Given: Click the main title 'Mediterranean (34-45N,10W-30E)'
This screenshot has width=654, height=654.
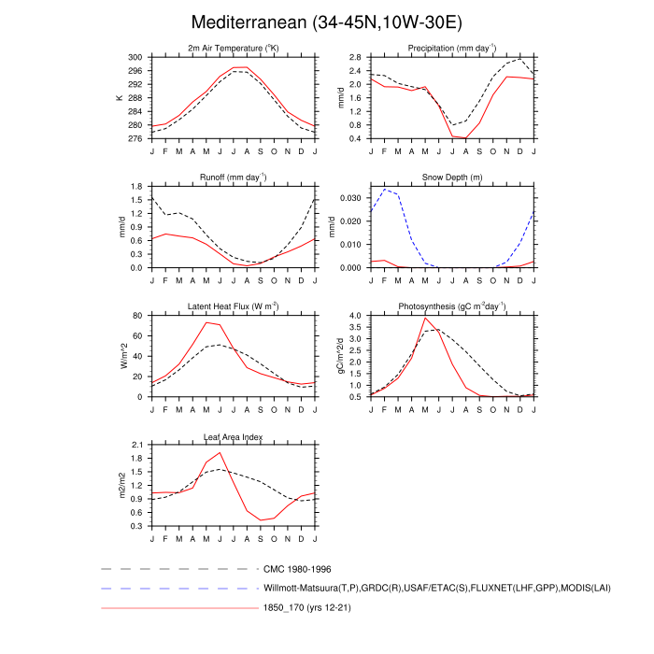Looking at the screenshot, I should click(326, 21).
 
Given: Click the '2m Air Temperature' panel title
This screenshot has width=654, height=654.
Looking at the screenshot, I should click(234, 49).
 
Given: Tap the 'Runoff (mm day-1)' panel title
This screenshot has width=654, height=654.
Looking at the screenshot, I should click(234, 177).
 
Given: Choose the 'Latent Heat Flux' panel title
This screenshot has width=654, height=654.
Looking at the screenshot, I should click(234, 306).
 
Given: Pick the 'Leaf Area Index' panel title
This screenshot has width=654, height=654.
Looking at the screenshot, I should click(234, 436).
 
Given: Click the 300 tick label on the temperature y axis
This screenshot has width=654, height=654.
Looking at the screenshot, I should click(135, 57).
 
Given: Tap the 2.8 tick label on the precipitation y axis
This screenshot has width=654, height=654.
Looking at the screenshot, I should click(355, 57).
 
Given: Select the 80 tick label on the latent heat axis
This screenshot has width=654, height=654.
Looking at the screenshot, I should click(137, 316).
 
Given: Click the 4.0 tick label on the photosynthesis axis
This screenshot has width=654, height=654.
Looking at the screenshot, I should click(355, 316).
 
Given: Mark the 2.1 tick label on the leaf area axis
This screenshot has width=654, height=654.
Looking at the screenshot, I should click(136, 445).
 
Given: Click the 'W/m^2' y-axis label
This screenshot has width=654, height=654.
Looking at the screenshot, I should click(120, 356).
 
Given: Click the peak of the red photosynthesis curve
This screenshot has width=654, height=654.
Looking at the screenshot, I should click(425, 318).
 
